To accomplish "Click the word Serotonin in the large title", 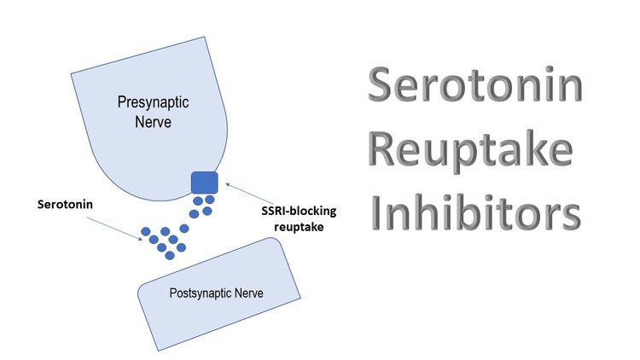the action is tap(475, 84).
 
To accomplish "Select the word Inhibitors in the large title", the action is tap(476, 212).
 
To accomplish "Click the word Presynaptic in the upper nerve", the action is tap(153, 102).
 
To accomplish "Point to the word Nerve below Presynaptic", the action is tap(153, 122).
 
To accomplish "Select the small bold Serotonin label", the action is tap(65, 204).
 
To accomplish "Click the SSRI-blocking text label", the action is tap(299, 211).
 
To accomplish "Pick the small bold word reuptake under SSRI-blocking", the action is tap(299, 227).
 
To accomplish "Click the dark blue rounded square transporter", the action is tap(205, 183).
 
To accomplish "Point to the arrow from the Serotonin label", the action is tap(114, 229).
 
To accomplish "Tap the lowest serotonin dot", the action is tap(170, 256).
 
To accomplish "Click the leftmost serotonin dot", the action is tap(146, 232).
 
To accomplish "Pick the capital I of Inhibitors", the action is tap(376, 212).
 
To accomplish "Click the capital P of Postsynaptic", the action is tap(173, 293).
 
